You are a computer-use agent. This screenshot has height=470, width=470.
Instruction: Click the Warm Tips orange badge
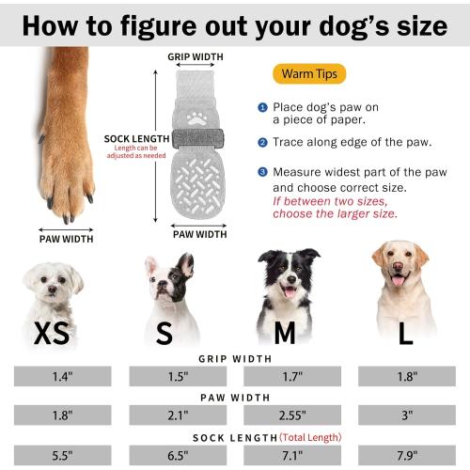309,73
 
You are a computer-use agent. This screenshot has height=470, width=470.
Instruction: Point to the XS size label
55,334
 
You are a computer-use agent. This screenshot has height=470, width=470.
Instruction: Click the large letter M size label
285,334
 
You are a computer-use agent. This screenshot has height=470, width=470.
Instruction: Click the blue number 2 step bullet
263,142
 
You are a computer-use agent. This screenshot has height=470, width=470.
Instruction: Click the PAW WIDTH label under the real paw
67,239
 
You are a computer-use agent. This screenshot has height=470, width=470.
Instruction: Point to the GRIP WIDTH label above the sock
196,56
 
